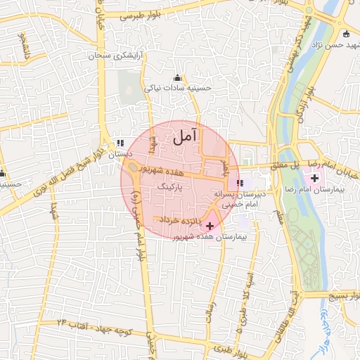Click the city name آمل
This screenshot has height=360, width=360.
pos(185,137)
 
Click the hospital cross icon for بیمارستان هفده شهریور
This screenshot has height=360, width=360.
pos(210,226)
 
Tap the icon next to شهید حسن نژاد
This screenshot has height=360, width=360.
pos(345,34)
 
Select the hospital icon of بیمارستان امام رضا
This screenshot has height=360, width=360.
pos(314,179)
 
